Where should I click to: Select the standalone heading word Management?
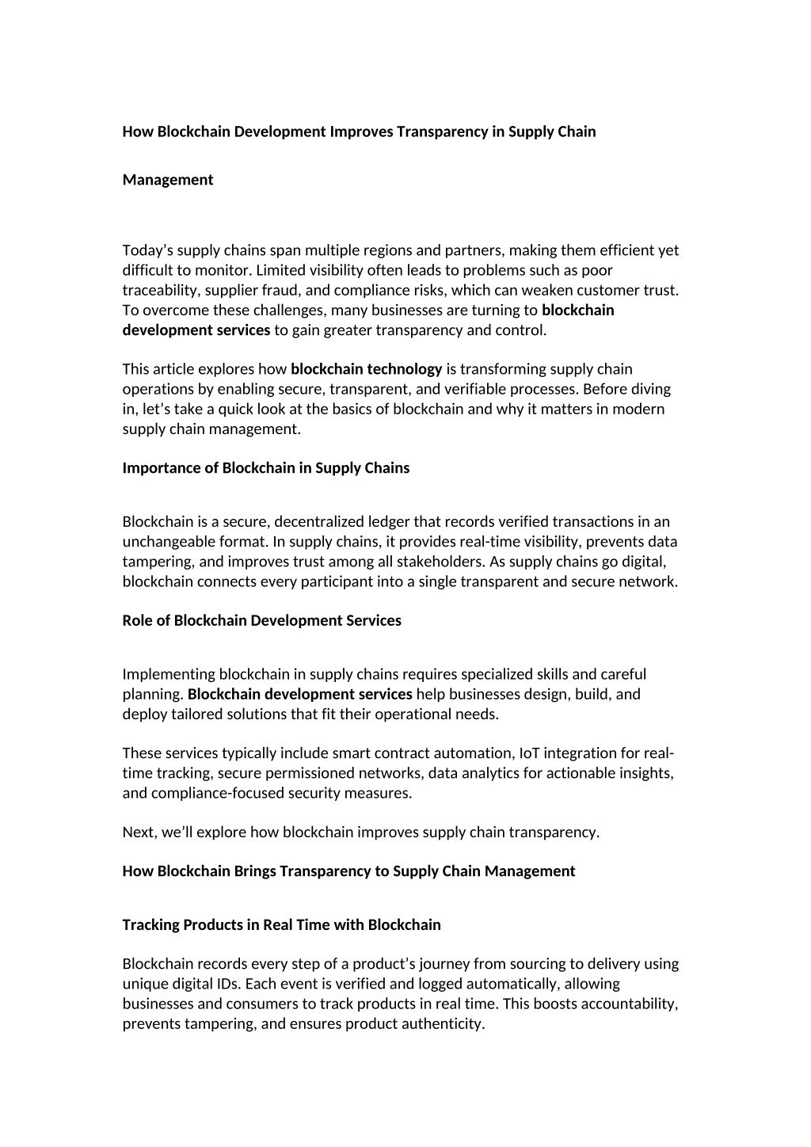coord(168,180)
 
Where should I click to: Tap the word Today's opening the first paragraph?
coord(147,250)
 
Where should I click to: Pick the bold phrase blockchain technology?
coord(367,369)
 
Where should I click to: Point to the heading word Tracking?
coord(150,925)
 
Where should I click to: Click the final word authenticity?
coord(444,1023)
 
